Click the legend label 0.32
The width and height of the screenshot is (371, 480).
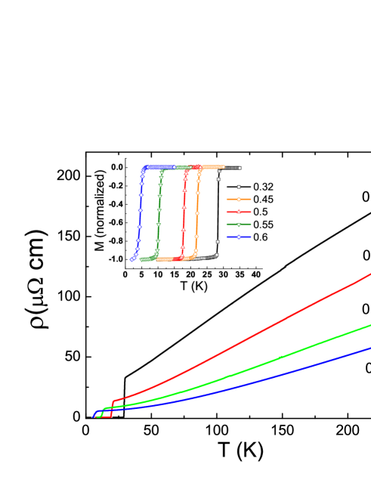pos(263,186)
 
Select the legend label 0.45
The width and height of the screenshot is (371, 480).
pos(263,199)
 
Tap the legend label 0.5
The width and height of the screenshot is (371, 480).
pos(260,212)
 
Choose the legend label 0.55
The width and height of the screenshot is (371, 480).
pos(263,225)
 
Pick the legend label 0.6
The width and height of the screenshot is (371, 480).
pos(260,237)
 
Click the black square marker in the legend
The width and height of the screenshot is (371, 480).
pos(238,186)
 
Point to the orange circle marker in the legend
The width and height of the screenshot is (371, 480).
pos(238,199)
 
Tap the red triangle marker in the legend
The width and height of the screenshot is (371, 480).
pos(238,212)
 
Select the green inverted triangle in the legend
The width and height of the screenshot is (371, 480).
pos(238,225)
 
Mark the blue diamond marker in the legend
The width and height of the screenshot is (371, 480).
pos(238,237)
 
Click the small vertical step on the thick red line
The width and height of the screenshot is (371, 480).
pos(113,407)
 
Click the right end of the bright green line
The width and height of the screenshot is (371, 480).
pos(369,325)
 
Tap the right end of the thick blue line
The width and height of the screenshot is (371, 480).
pos(369,348)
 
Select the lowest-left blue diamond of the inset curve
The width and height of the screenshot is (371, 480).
pos(132,259)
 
